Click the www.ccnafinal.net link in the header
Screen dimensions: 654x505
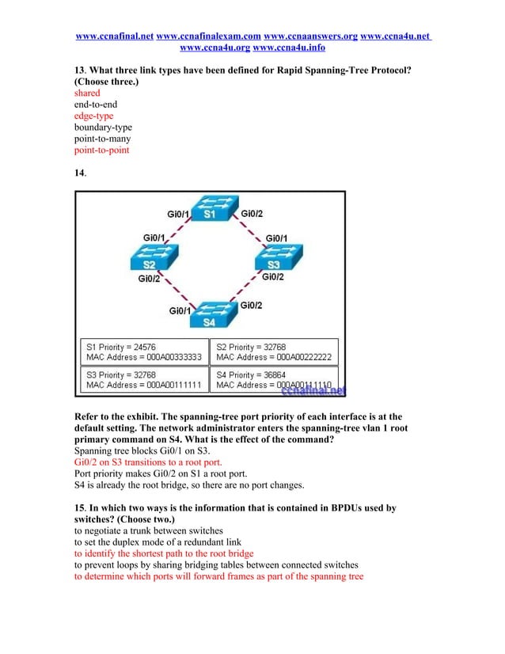point(114,36)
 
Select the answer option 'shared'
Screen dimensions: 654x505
point(87,93)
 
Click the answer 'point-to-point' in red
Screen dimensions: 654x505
point(101,150)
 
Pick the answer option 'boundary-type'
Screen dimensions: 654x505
point(103,127)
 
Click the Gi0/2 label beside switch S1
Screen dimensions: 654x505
point(252,214)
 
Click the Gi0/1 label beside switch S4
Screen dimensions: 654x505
point(181,311)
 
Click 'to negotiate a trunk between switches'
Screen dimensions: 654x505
point(149,530)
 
